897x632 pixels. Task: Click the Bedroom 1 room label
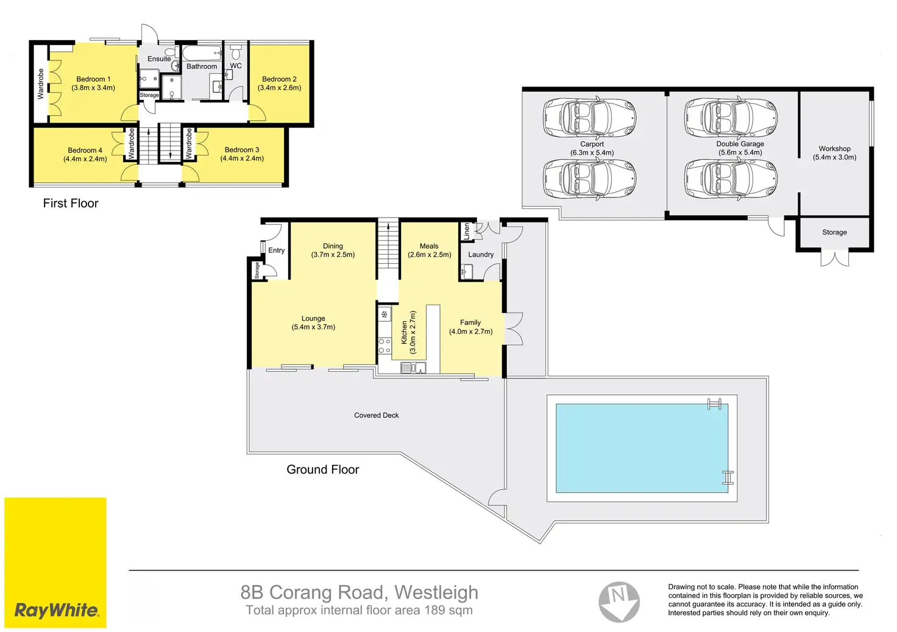93,79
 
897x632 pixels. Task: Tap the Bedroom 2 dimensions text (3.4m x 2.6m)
279,88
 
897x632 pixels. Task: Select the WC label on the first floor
236,66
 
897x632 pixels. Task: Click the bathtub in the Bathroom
202,53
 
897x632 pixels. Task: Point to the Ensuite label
159,59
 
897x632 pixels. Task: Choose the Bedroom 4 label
85,150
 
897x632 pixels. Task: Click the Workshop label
834,149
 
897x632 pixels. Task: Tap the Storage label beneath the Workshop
834,232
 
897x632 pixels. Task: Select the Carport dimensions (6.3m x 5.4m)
592,152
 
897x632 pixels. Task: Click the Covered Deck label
377,415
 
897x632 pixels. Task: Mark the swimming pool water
642,448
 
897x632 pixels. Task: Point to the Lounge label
313,318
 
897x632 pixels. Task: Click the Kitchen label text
404,332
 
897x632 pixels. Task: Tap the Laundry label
481,254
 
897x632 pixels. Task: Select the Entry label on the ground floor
276,250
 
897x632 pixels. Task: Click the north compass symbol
619,602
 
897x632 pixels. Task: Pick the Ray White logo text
57,611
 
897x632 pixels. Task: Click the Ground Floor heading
323,469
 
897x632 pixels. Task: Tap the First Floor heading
71,203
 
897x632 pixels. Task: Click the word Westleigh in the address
436,592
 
